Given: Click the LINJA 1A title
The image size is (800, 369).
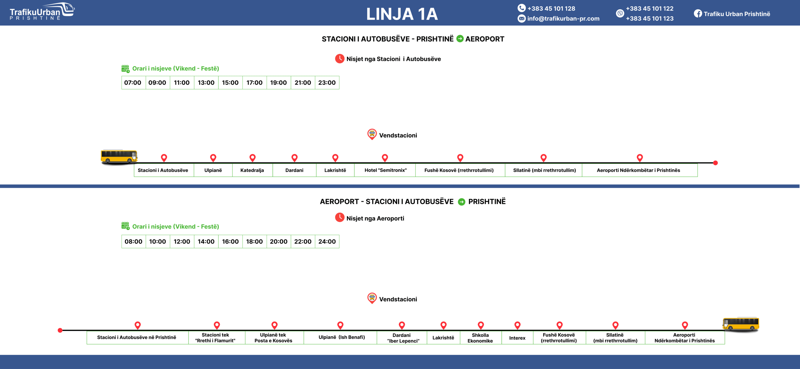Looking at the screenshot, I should pyautogui.click(x=402, y=14).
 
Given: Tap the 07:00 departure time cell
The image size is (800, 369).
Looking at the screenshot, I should pyautogui.click(x=133, y=83).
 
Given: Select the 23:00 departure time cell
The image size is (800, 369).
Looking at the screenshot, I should pyautogui.click(x=327, y=83).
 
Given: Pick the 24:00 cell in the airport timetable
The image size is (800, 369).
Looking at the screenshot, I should pyautogui.click(x=327, y=242).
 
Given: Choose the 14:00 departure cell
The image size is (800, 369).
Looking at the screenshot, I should pyautogui.click(x=206, y=242).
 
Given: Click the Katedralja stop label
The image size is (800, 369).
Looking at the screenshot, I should pyautogui.click(x=252, y=170).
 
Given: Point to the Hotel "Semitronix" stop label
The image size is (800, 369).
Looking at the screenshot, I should pyautogui.click(x=385, y=170).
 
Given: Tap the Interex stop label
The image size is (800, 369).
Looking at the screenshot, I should pyautogui.click(x=517, y=338).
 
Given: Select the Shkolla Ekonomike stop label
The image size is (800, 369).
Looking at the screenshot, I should pyautogui.click(x=480, y=338).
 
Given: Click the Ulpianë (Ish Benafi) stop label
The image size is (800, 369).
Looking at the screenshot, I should pyautogui.click(x=342, y=337).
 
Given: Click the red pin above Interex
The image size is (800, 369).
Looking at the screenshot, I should pyautogui.click(x=517, y=325).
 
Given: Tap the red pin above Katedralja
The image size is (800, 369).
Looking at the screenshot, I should pyautogui.click(x=252, y=157).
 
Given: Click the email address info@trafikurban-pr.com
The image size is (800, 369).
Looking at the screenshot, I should pyautogui.click(x=563, y=19).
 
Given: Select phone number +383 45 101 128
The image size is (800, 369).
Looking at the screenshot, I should pyautogui.click(x=551, y=9).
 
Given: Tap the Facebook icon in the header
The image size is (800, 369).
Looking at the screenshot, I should pyautogui.click(x=697, y=14).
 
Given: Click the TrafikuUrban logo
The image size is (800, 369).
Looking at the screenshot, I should pyautogui.click(x=42, y=12).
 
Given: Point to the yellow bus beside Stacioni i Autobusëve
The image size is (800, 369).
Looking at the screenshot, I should pyautogui.click(x=119, y=156).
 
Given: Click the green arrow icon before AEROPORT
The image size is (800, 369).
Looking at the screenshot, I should pyautogui.click(x=460, y=39).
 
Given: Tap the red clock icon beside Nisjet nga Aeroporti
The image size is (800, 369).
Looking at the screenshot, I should pyautogui.click(x=339, y=218).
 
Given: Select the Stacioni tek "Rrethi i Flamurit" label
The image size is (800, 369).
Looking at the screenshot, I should pyautogui.click(x=215, y=337).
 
